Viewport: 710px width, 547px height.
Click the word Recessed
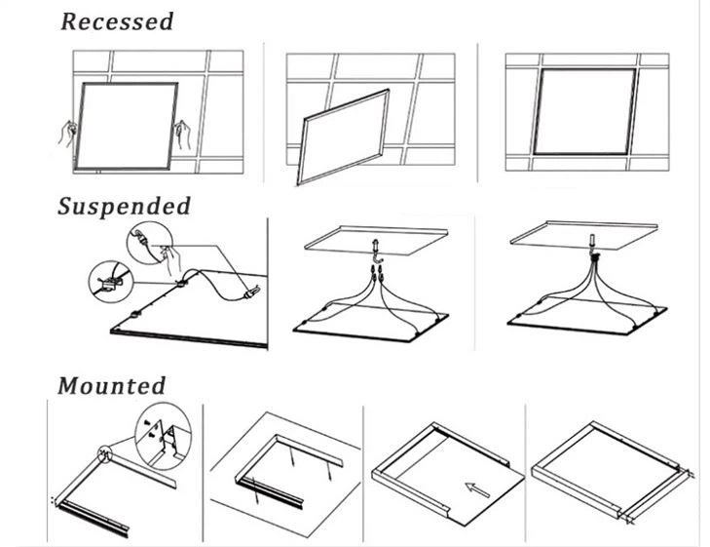117,21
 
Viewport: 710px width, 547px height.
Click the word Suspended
124,206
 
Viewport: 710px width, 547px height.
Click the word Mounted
111,385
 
